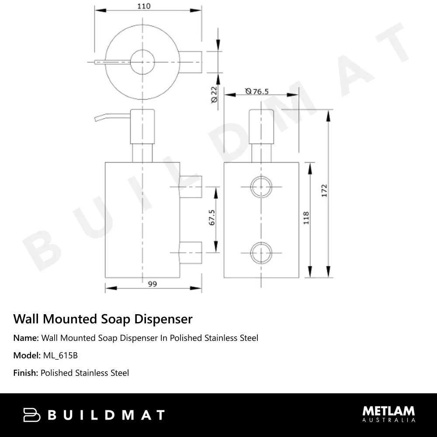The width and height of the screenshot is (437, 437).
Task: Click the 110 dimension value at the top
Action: pos(143,6)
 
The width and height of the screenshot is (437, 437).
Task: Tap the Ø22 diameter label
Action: pos(214,94)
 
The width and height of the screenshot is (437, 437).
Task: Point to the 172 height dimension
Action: pos(324,191)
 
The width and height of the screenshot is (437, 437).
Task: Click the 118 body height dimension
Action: pos(306,218)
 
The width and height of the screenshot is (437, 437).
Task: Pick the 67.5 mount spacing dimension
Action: pos(212,218)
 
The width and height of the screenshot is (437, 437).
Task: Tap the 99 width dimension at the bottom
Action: pos(152,284)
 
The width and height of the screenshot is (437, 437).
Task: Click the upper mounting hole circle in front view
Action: pos(261,187)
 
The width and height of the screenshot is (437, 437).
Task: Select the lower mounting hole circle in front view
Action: pos(261,253)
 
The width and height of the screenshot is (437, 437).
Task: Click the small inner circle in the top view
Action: pos(142,62)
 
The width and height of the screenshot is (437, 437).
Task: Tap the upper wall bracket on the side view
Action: pos(191,187)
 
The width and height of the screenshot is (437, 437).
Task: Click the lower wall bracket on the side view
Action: pos(191,253)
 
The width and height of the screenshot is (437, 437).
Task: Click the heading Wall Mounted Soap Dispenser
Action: pos(103,319)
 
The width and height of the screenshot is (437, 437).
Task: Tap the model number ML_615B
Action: pos(60,355)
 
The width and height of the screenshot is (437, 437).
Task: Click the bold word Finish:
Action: pos(26,373)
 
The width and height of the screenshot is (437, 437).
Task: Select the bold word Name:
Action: pos(26,338)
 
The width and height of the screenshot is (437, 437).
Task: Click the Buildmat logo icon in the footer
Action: pos(31,415)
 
